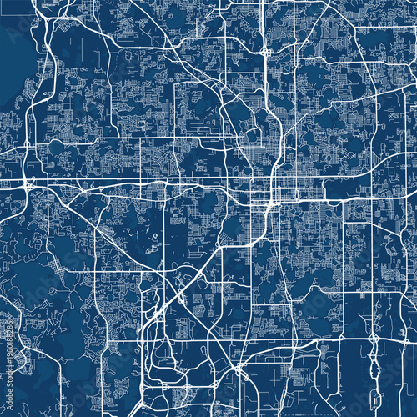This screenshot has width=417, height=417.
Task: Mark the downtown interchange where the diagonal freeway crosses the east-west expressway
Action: tap(258, 200)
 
